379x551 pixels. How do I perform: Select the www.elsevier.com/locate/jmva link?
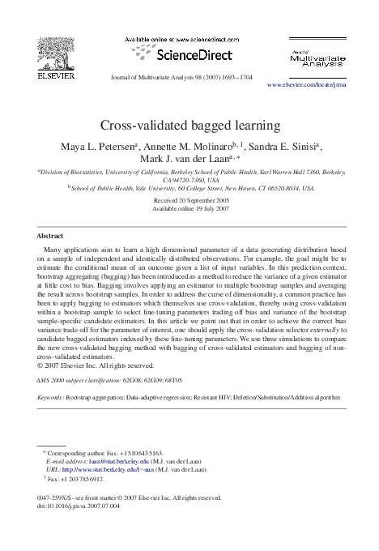[313, 84]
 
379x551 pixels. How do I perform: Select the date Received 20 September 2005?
[189, 200]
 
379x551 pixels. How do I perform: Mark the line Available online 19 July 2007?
[189, 208]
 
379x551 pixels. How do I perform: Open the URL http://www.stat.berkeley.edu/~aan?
[106, 468]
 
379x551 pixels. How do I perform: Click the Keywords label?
[50, 399]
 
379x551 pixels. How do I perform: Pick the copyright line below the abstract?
[94, 364]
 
